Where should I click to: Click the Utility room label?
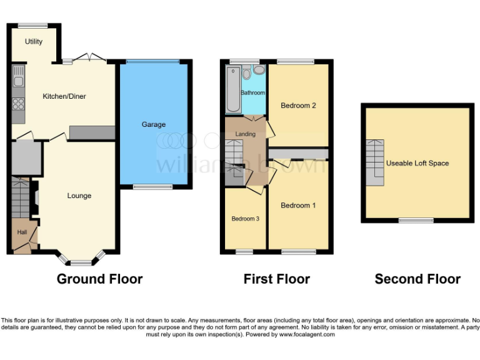pyautogui.click(x=34, y=42)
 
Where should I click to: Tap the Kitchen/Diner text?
pyautogui.click(x=64, y=96)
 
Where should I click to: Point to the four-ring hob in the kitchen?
pyautogui.click(x=18, y=104)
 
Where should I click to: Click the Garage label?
pyautogui.click(x=153, y=124)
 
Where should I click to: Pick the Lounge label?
pyautogui.click(x=79, y=196)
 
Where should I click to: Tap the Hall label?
pyautogui.click(x=22, y=232)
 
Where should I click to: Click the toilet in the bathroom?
pyautogui.click(x=247, y=74)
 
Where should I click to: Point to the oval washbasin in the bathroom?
pyautogui.click(x=259, y=70)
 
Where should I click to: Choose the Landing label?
pyautogui.click(x=245, y=134)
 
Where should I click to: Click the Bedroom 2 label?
pyautogui.click(x=298, y=106)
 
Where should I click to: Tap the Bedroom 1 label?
pyautogui.click(x=298, y=206)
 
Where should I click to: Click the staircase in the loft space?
pyautogui.click(x=375, y=162)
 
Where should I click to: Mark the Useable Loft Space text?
pyautogui.click(x=417, y=163)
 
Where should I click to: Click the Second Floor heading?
pyautogui.click(x=417, y=279)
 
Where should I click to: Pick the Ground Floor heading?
pyautogui.click(x=99, y=279)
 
